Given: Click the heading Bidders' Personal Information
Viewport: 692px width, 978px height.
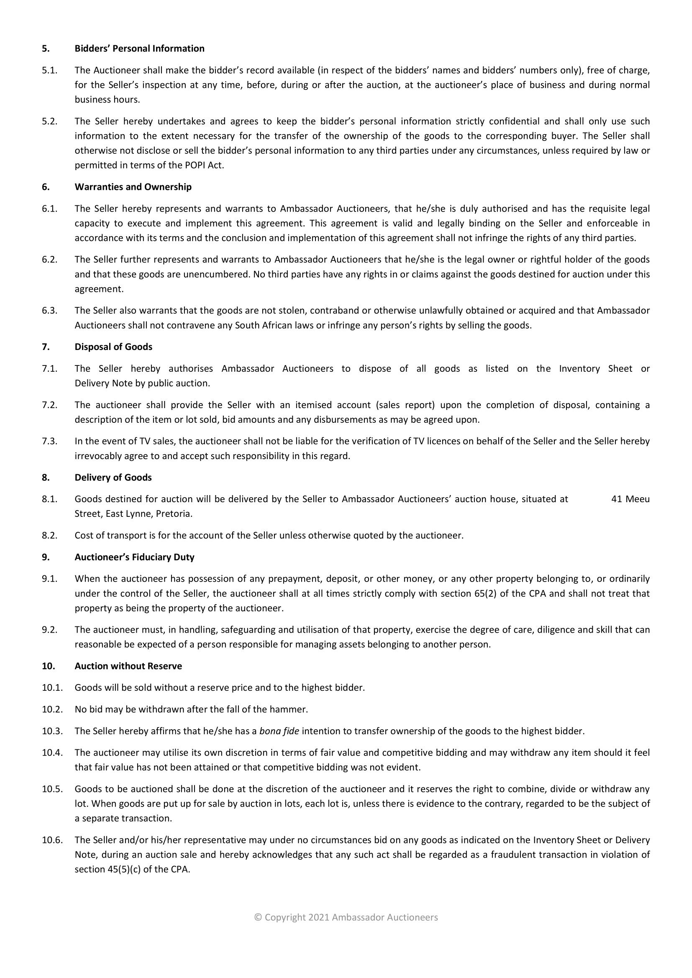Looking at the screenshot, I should [139, 49].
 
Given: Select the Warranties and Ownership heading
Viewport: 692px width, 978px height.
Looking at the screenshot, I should [133, 187].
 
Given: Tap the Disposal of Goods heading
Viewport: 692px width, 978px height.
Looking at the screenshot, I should [113, 347].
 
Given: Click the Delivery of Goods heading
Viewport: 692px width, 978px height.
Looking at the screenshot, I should [113, 478].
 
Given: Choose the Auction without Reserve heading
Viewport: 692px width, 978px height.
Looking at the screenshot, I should [128, 666].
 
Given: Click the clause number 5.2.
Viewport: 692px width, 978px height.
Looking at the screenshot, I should [49, 121].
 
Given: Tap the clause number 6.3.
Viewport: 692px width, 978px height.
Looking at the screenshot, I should [49, 311].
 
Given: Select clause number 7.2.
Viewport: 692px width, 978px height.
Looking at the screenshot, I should [49, 405].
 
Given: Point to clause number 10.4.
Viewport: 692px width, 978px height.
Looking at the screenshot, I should [52, 753].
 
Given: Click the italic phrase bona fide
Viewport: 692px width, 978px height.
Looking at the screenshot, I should [279, 731].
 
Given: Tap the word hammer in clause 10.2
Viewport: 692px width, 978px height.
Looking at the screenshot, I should [291, 710].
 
